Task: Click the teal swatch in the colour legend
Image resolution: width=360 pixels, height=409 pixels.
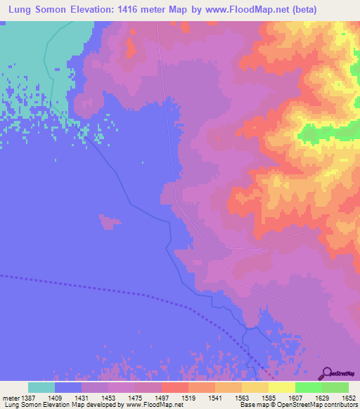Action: (41, 387)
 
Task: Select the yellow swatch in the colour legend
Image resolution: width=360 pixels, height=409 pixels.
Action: (281, 387)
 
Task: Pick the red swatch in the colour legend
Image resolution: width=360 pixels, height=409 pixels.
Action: (174, 387)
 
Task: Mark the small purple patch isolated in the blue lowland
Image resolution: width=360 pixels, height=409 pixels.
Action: (108, 223)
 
